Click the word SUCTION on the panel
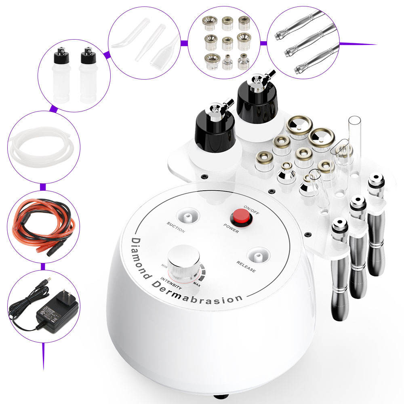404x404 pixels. click(x=175, y=227)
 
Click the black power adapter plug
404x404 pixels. click(x=53, y=311)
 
